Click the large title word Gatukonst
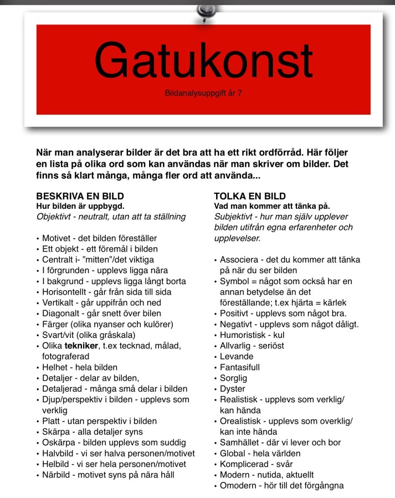[203, 60]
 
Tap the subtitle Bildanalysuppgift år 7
[203, 93]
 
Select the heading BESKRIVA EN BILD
[80, 196]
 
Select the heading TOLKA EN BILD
[250, 196]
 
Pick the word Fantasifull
[240, 367]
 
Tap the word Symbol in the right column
[234, 281]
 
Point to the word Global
[233, 453]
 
